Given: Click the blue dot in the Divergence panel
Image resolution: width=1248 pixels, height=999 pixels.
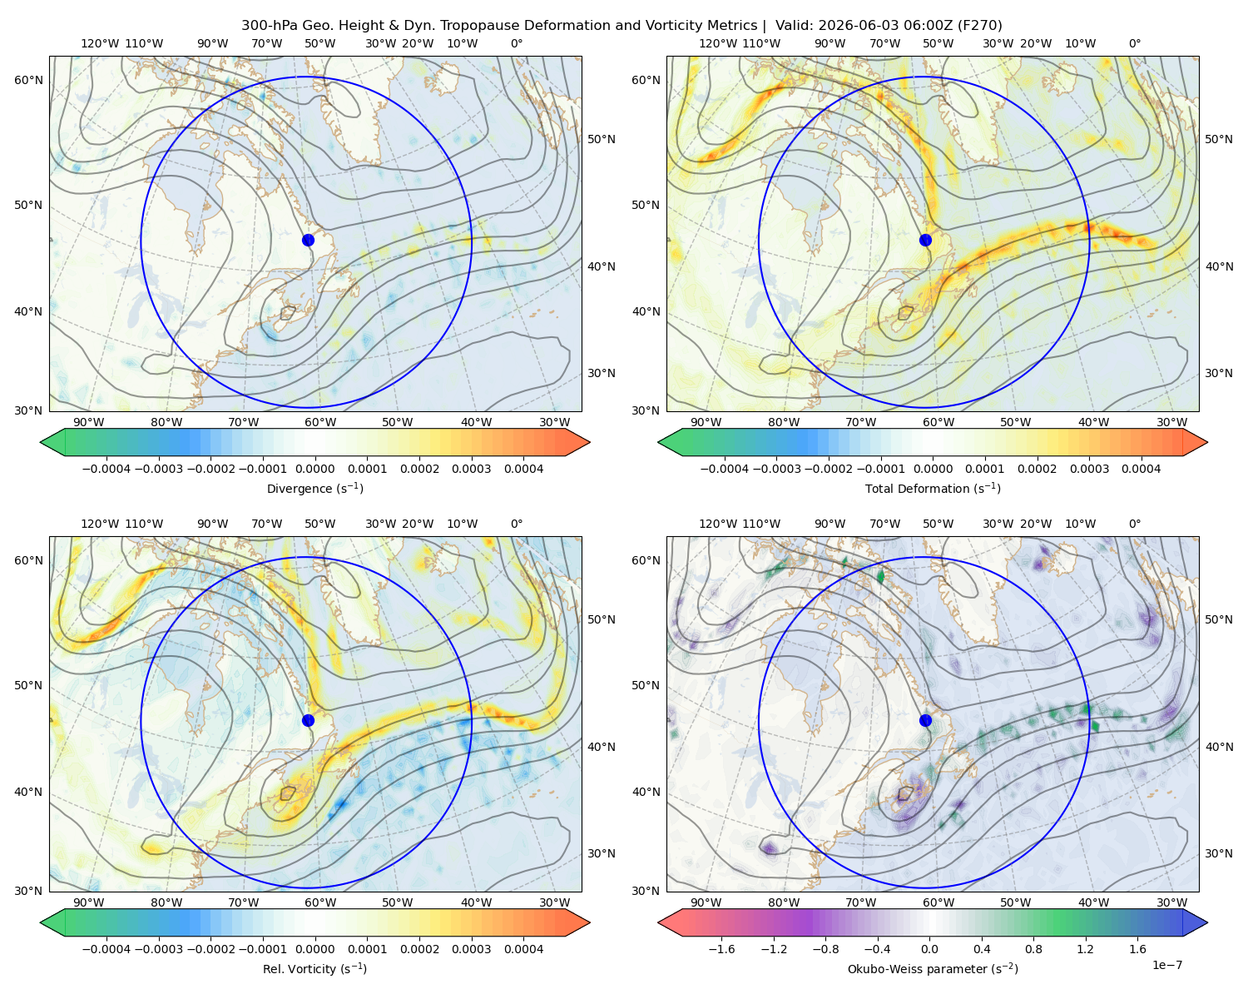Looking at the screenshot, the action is point(308,240).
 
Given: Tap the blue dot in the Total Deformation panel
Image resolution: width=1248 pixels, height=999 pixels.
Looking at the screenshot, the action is point(925,240).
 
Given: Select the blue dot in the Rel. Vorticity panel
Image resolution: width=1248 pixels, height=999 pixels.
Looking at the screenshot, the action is point(308,720).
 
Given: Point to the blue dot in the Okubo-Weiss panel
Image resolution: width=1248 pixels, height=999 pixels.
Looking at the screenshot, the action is point(925,720).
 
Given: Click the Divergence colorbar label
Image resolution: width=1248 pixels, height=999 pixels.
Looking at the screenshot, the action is point(314,488).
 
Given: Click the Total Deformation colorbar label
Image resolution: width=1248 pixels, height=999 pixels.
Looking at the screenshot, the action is point(933,488).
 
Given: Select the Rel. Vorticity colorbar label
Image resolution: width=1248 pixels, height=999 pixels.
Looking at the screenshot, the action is point(314,969).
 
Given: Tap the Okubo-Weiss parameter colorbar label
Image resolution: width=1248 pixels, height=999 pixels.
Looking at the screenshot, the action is point(933,969).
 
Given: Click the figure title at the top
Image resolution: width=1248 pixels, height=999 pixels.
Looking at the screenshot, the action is point(622,26).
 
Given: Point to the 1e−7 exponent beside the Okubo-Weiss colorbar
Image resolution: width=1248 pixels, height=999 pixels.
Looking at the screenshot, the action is point(1166,965).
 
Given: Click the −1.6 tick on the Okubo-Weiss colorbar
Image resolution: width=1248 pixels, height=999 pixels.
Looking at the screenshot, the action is point(721,949).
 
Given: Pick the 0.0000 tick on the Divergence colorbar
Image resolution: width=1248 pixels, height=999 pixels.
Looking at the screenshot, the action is point(314,469).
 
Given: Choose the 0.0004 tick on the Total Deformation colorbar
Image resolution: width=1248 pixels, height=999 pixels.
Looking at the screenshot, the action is point(1141,469).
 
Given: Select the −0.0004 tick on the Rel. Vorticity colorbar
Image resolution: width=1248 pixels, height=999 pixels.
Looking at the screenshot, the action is point(106,949).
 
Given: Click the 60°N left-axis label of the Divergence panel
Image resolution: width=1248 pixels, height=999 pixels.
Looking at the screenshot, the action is point(28,80).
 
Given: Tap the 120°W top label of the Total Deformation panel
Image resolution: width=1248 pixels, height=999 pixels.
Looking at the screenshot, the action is point(717,43).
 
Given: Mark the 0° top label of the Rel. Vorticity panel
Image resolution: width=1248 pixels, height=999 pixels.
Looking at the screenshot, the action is point(517,524).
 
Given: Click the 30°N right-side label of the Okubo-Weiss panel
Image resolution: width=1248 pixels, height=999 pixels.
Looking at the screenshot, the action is point(1218,853).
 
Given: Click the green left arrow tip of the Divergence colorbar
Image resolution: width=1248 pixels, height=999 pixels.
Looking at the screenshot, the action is point(41,442).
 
